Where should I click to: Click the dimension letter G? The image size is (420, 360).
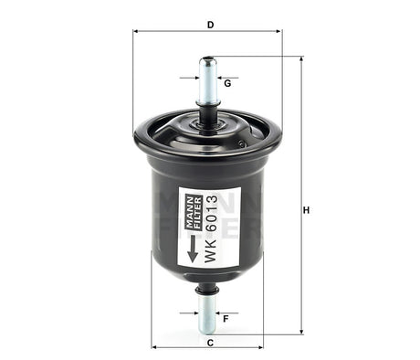tap(226, 84)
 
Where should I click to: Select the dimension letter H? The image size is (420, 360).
tap(307, 210)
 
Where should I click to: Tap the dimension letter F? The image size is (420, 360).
tap(226, 318)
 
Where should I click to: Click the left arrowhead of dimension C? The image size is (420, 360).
tap(154, 347)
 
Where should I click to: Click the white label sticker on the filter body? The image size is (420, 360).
tap(209, 228)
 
